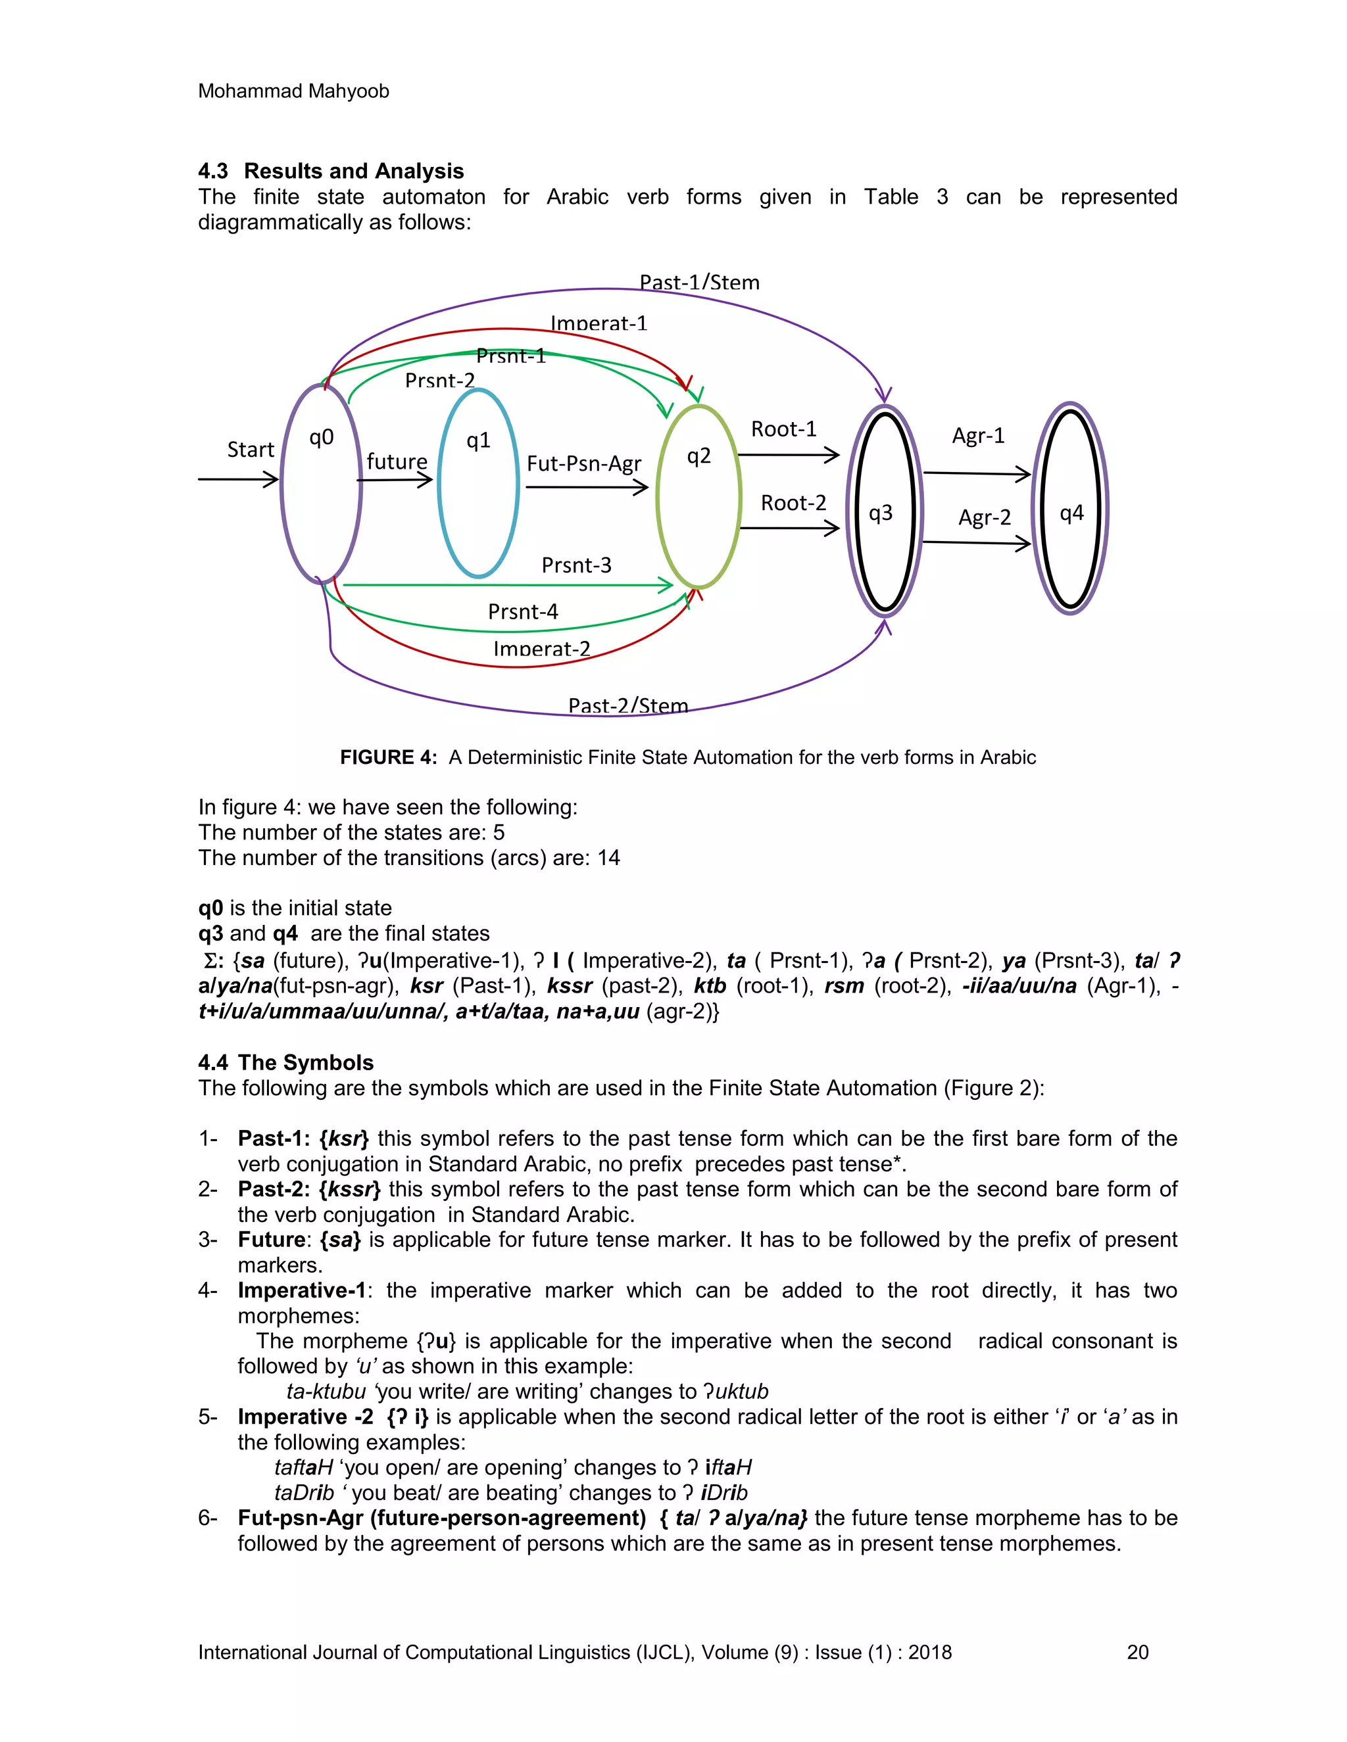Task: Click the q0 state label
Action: (x=321, y=437)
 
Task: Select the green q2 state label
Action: (x=698, y=456)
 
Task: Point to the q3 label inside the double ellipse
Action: (x=880, y=513)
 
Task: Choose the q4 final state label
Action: (x=1071, y=513)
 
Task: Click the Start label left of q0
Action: (x=251, y=450)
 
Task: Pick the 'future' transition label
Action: (x=397, y=462)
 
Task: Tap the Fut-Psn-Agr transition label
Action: (x=583, y=464)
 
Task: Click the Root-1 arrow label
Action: (x=783, y=429)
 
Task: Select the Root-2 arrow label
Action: (x=793, y=504)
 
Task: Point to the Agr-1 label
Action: (x=977, y=435)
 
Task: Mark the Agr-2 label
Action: (x=984, y=517)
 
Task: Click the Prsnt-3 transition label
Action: (x=576, y=565)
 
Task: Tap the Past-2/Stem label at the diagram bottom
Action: (x=627, y=705)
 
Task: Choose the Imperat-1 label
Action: (x=599, y=323)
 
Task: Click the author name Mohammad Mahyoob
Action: (x=293, y=91)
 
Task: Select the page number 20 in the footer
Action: (x=1137, y=1652)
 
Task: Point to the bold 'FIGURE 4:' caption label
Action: (x=388, y=757)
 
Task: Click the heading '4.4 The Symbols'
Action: (x=285, y=1062)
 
